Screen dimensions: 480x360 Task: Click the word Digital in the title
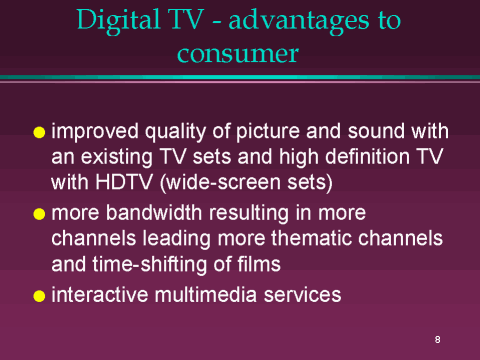pyautogui.click(x=118, y=21)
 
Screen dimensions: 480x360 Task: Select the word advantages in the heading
pyautogui.click(x=299, y=21)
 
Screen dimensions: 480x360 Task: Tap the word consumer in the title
pyautogui.click(x=238, y=53)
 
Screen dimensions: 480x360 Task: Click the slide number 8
pyautogui.click(x=437, y=340)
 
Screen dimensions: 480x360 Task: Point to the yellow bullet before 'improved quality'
pyautogui.click(x=39, y=132)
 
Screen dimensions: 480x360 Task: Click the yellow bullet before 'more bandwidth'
pyautogui.click(x=39, y=214)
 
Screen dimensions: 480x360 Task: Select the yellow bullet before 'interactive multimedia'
pyautogui.click(x=39, y=296)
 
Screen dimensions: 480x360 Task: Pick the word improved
pyautogui.click(x=95, y=132)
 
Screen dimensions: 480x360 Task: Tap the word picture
pyautogui.click(x=268, y=132)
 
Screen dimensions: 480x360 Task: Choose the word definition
pyautogui.click(x=368, y=156)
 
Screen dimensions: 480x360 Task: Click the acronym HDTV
pyautogui.click(x=124, y=182)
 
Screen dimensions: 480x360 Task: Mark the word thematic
pyautogui.click(x=311, y=238)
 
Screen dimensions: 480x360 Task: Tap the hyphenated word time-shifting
pyautogui.click(x=150, y=265)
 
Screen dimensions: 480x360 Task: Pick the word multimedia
pyautogui.click(x=206, y=295)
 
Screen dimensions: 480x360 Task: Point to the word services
pyautogui.click(x=303, y=295)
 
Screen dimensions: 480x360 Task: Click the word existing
pyautogui.click(x=117, y=158)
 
